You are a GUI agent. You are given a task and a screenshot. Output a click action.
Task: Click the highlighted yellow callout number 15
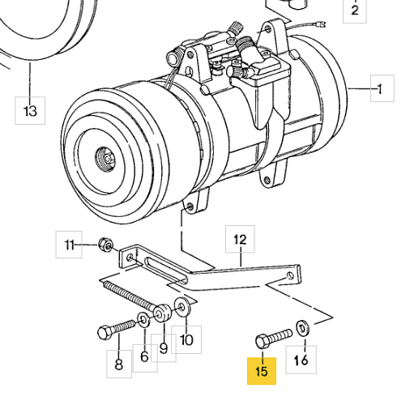click(262, 371)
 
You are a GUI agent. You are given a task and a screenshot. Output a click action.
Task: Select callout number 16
click(301, 360)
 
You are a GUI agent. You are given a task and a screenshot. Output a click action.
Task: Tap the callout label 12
click(240, 239)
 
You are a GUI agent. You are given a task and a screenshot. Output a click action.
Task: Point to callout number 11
click(69, 245)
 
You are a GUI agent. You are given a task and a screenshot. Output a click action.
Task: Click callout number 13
click(30, 110)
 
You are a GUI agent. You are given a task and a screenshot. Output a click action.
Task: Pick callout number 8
click(119, 364)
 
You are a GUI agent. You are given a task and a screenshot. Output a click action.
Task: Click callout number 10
click(186, 339)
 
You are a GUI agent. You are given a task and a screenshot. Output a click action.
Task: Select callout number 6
click(145, 357)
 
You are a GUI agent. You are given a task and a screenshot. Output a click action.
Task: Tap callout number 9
click(164, 348)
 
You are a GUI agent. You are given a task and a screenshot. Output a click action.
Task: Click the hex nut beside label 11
click(105, 245)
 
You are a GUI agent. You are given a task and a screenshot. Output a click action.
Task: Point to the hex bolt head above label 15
click(263, 341)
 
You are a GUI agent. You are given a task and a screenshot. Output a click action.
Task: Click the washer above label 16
click(303, 328)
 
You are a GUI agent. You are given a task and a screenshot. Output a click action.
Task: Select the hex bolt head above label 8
click(104, 333)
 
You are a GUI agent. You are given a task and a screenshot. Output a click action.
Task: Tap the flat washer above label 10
click(182, 307)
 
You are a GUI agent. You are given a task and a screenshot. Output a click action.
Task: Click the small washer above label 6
click(144, 320)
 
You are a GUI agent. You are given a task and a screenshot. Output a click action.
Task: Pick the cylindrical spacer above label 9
click(163, 313)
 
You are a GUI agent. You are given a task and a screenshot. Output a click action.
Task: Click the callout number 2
click(355, 11)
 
